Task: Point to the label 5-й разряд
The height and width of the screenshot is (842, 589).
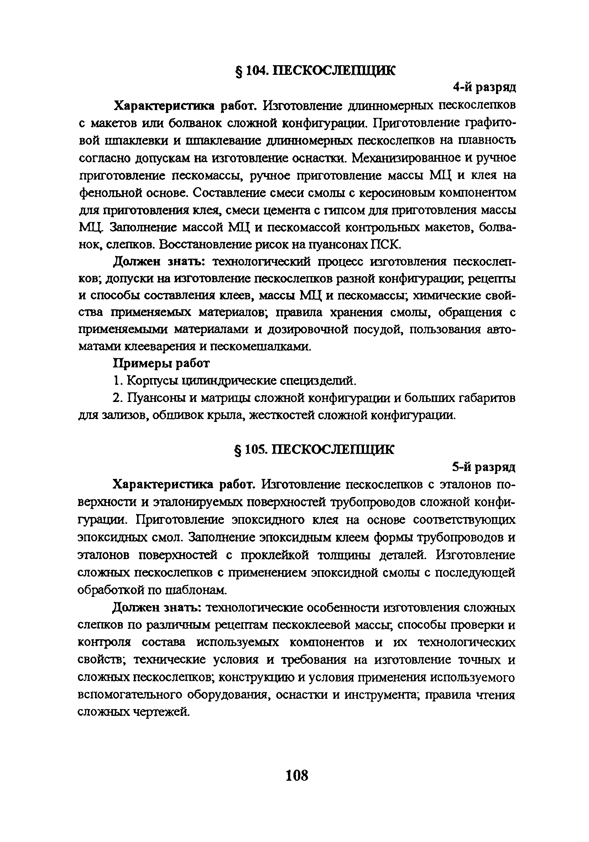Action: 484,467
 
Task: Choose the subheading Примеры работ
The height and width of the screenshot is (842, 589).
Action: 161,363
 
